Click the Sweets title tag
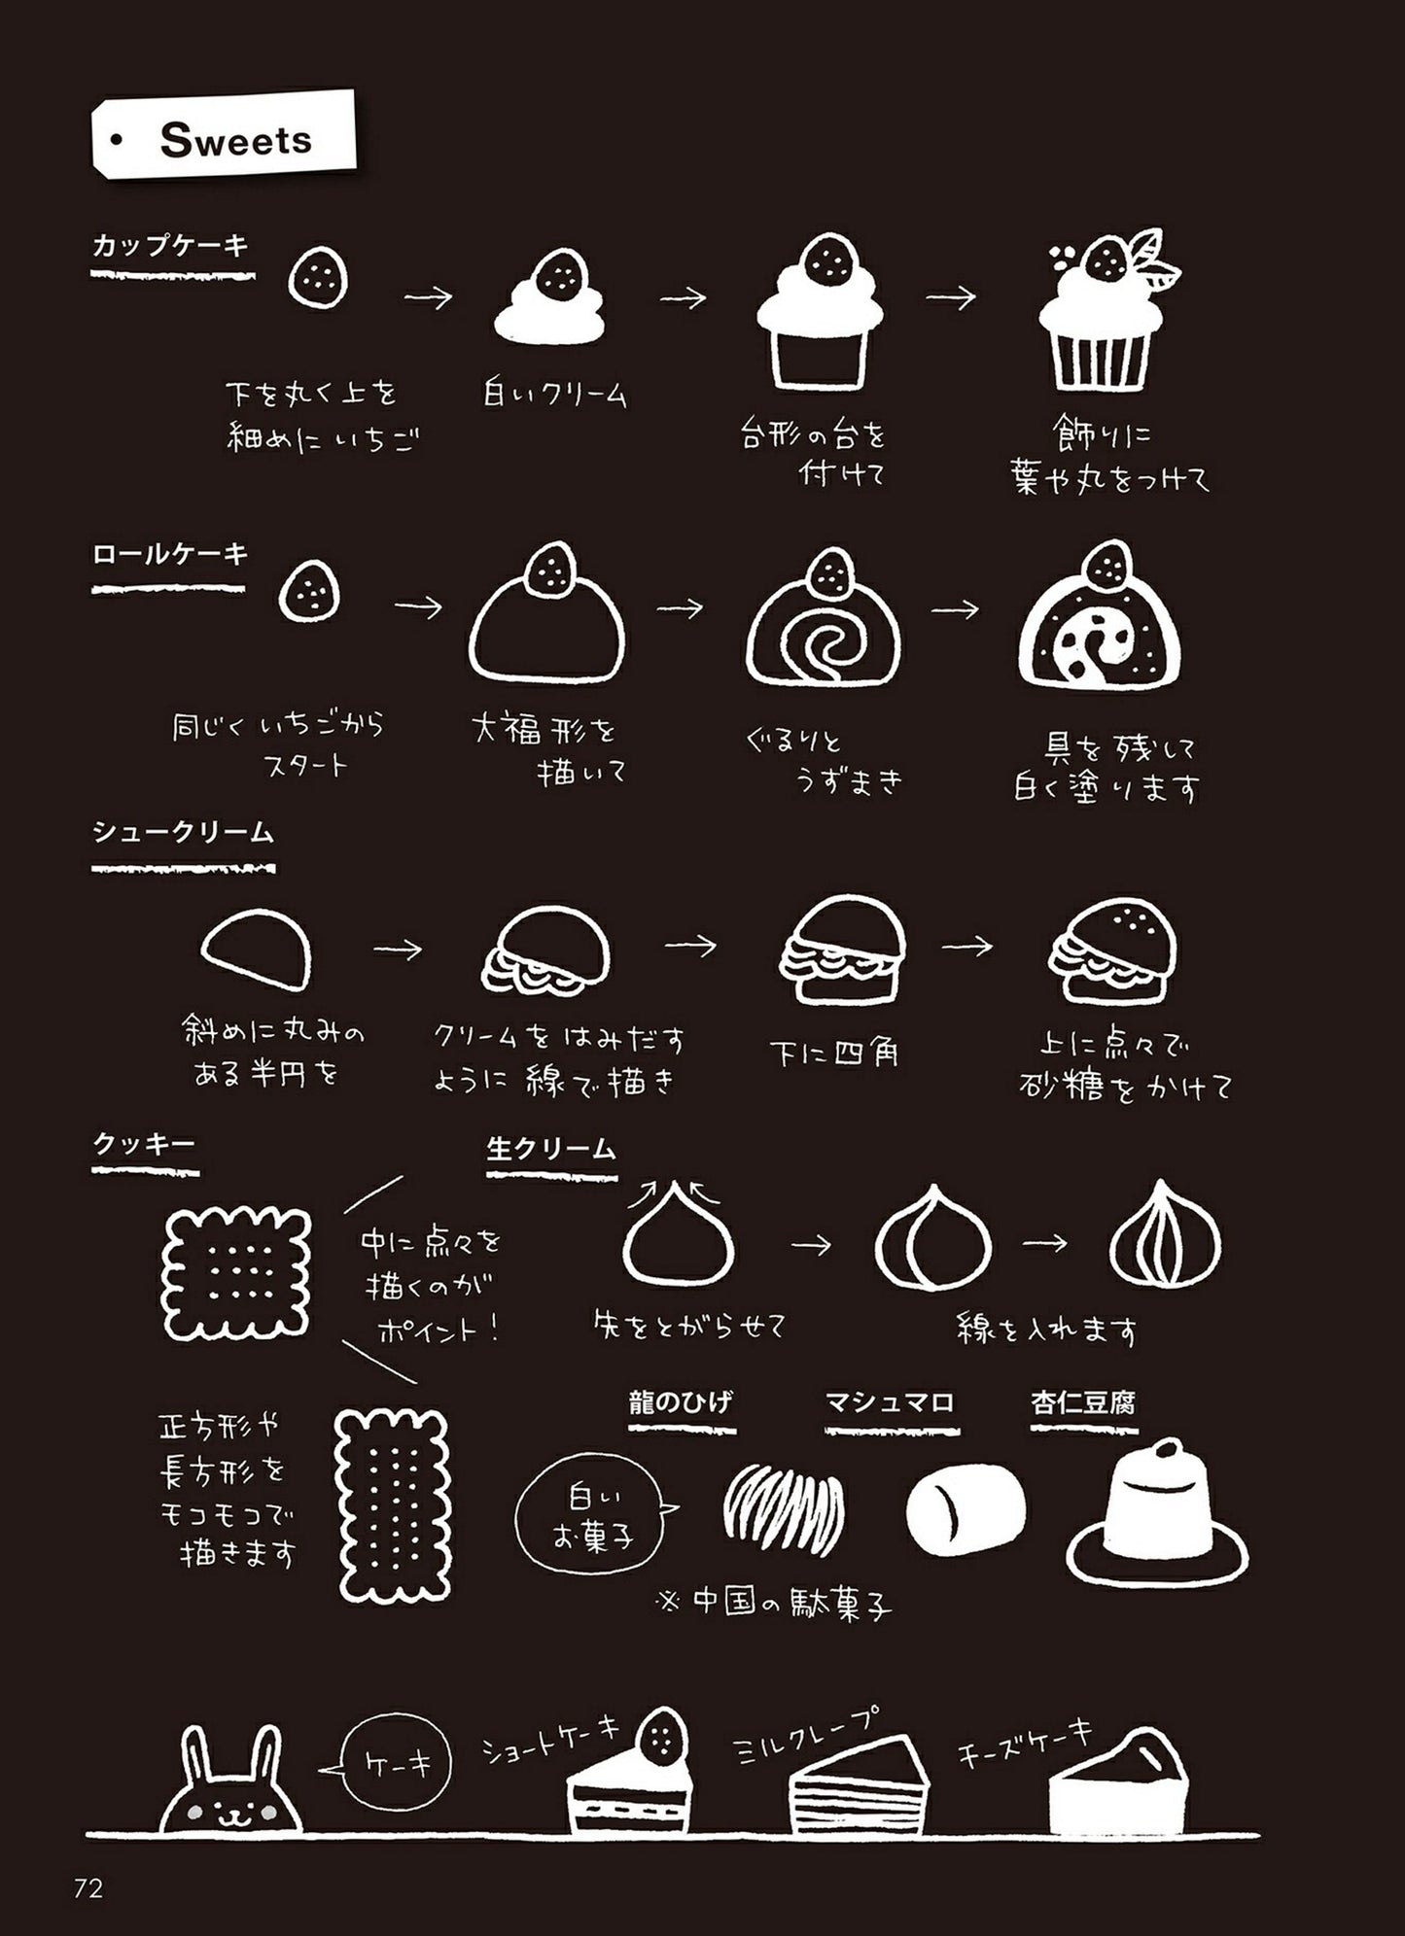224,136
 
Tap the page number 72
88,1888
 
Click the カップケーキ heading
171,246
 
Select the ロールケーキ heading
170,555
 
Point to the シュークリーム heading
183,833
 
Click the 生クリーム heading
551,1149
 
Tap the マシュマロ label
891,1402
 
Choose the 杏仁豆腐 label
1083,1402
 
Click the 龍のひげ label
681,1402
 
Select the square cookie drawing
237,1273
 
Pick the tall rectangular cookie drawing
392,1505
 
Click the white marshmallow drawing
965,1509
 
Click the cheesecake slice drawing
1118,1783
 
